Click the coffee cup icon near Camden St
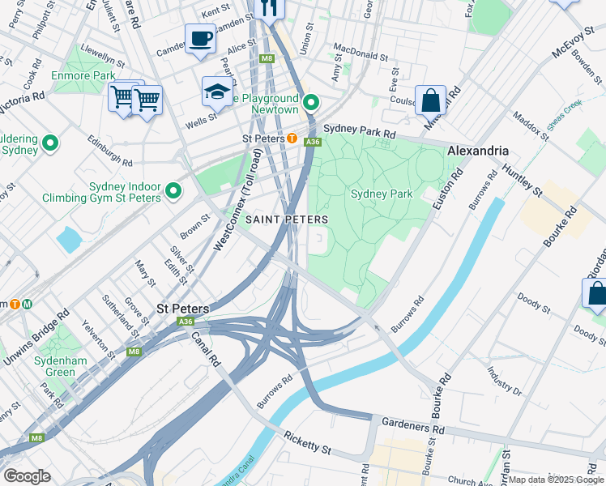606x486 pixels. coord(200,37)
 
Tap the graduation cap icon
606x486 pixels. coord(217,92)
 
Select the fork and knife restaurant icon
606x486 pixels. coord(268,8)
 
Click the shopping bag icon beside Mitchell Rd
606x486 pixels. coord(431,101)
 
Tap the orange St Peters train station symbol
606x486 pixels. coord(292,139)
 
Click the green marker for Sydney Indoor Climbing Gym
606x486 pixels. coord(173,192)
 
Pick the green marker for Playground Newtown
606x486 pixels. coord(312,103)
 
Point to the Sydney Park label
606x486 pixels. coord(382,194)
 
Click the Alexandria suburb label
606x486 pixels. coord(478,151)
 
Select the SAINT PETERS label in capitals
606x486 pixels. coord(287,220)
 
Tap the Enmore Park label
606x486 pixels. coord(83,75)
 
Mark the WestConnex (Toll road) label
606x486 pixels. coord(237,198)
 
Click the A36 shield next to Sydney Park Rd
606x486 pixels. coord(311,143)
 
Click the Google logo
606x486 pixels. coord(27,476)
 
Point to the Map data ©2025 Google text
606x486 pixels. coord(556,480)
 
